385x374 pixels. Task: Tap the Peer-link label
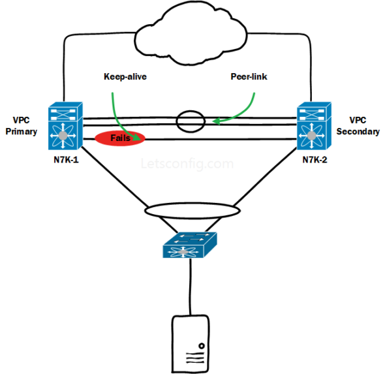(249, 76)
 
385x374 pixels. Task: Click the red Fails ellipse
(120, 138)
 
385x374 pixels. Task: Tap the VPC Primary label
(20, 126)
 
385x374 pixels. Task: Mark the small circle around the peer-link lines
(189, 121)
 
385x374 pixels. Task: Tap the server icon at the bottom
(190, 343)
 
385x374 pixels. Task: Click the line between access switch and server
(190, 287)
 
